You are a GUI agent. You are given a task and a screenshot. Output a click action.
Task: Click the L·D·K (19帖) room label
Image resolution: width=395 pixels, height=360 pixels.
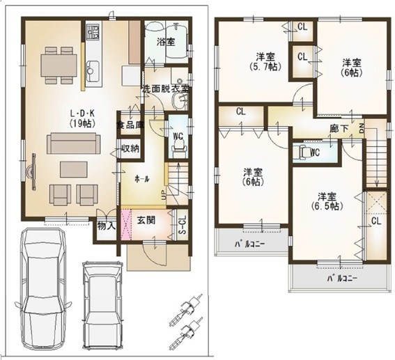point(82,118)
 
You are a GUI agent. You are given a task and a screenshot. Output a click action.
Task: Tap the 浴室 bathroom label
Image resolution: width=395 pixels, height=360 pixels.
point(166,42)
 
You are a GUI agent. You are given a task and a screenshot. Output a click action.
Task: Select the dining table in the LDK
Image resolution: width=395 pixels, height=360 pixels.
point(59,65)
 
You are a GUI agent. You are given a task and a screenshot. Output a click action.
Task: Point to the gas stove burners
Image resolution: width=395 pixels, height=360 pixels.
point(92,31)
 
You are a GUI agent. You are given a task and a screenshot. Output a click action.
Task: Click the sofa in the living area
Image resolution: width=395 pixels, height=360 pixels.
point(74,143)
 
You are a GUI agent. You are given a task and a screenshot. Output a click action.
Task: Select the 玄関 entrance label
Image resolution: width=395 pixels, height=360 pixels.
point(146,220)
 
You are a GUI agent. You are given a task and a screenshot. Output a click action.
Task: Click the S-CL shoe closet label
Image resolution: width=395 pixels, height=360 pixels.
point(183,225)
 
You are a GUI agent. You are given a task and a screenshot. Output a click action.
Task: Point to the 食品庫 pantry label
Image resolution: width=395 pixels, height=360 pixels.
point(130,125)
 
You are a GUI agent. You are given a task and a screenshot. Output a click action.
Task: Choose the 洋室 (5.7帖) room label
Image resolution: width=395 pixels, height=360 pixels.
point(265,61)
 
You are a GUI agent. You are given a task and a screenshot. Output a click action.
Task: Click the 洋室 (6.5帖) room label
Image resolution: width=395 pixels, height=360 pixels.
point(327,201)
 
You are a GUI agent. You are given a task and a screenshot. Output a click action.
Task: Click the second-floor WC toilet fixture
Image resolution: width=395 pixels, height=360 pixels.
point(303,152)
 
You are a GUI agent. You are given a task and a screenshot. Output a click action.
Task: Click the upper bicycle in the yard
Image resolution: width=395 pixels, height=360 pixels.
point(186,308)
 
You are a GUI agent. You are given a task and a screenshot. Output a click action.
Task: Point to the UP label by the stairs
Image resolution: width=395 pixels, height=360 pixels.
point(164,196)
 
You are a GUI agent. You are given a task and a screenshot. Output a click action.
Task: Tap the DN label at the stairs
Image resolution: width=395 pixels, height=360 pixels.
point(362,128)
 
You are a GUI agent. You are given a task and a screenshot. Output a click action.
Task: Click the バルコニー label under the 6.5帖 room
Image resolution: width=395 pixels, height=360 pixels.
point(342,279)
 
